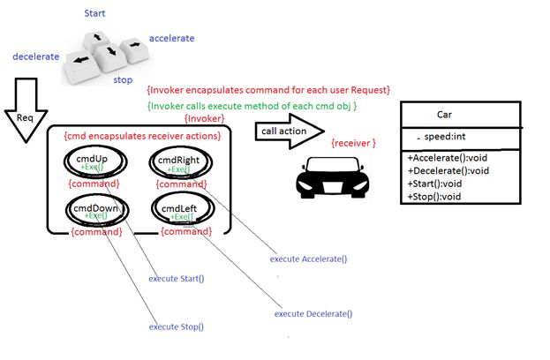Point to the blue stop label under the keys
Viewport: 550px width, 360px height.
point(124,79)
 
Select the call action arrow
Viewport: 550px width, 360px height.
point(287,131)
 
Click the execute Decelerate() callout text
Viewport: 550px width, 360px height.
point(313,313)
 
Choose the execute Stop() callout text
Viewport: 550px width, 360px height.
point(176,326)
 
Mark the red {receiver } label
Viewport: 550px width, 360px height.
point(353,142)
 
